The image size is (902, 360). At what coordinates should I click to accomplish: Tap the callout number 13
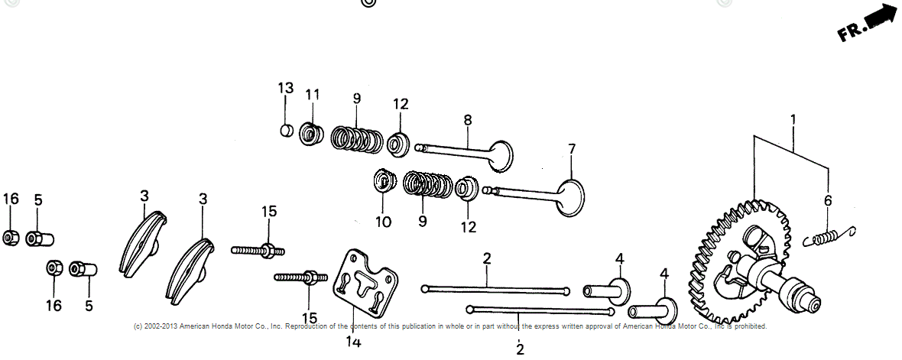pos(285,88)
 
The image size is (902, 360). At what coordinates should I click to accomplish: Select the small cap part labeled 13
pos(286,130)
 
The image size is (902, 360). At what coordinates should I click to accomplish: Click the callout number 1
pos(793,119)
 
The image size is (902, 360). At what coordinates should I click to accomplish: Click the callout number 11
pos(312,94)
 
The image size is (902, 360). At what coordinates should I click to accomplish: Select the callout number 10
pos(383,222)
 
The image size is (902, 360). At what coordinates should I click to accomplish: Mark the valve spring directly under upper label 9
pos(357,138)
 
